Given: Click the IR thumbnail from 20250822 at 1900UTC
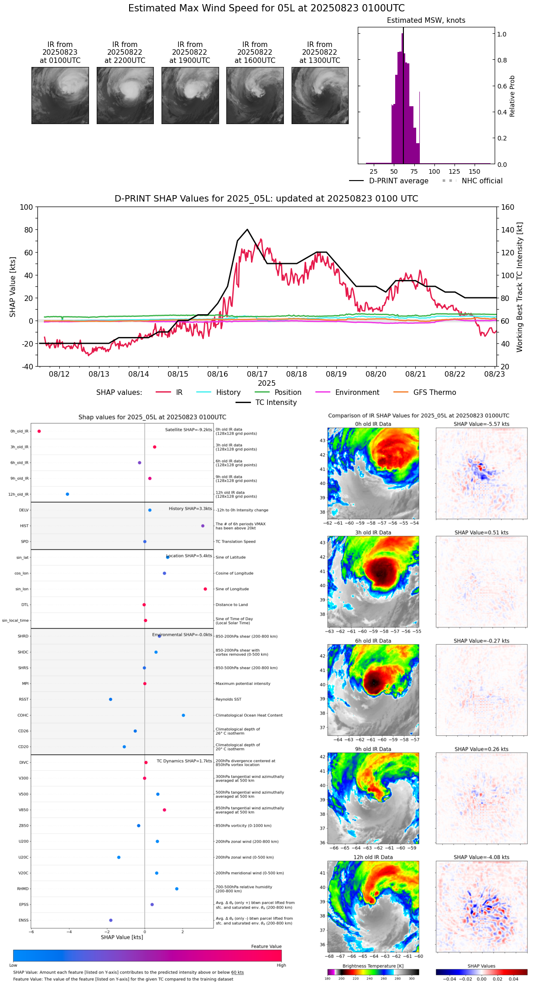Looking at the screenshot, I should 190,95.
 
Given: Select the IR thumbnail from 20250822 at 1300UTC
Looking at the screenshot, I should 320,95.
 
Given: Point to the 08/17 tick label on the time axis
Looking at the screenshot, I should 257,374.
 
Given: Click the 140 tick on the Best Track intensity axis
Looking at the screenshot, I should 507,230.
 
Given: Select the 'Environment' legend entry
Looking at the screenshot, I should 357,393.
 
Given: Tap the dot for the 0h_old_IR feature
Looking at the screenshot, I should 39,431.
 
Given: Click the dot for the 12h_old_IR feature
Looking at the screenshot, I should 68,494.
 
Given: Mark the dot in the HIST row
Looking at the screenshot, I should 203,526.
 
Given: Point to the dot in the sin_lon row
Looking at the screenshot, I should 205,589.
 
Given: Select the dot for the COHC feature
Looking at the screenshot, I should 183,715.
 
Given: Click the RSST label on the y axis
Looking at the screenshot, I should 23,699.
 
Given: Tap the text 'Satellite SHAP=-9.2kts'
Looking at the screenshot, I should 188,430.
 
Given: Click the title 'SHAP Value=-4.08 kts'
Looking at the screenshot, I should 481,857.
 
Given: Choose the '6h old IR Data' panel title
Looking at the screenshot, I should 373,641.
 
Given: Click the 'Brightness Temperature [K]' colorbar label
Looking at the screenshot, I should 373,966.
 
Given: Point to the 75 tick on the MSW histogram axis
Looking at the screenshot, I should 414,171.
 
